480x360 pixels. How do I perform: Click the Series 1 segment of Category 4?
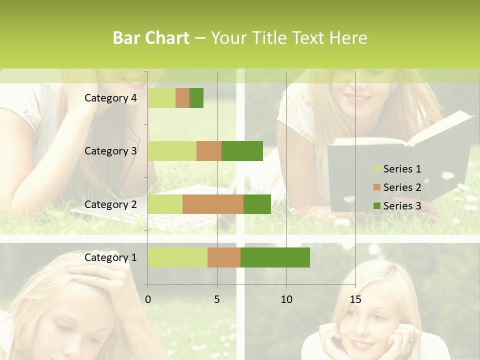pos(161,98)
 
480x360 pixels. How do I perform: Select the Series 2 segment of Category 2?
pos(213,204)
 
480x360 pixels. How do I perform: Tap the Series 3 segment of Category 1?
pos(275,257)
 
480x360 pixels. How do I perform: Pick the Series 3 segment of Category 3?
pos(242,151)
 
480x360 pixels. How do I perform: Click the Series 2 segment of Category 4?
pos(182,98)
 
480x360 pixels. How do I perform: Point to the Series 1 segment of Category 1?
pos(177,257)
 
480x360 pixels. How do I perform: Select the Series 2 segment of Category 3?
pos(209,151)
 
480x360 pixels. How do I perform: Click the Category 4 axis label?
pos(110,98)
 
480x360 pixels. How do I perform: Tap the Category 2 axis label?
pos(110,204)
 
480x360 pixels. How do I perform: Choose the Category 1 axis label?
pos(110,257)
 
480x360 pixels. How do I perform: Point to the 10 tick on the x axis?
pos(286,299)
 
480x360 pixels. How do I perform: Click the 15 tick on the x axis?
pos(355,299)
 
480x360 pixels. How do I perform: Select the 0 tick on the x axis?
pos(148,299)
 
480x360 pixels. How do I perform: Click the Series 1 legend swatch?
pos(376,169)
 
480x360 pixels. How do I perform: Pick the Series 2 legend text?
pos(402,187)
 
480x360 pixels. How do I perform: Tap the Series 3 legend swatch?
pos(376,206)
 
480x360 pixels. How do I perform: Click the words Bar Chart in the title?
pos(151,38)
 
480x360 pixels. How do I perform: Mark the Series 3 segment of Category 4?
pos(196,98)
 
